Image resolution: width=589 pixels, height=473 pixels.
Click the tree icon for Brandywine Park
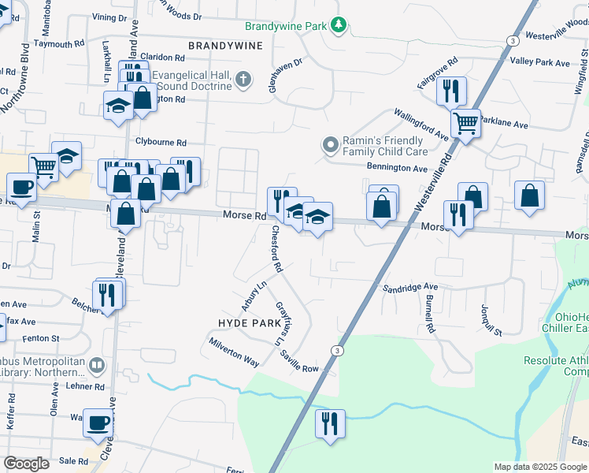click(339, 26)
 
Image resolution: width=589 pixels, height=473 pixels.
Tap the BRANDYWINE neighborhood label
click(219, 47)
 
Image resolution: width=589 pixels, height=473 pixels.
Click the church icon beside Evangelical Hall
click(244, 79)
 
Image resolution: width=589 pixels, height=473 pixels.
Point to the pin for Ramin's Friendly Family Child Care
click(330, 145)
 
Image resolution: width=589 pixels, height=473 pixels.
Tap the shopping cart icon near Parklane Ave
click(465, 123)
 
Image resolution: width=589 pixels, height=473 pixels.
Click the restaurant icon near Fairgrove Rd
click(451, 91)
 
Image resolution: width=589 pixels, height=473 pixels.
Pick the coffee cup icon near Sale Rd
click(98, 423)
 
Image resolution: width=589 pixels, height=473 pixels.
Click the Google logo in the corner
click(26, 464)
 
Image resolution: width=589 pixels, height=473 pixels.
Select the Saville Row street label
click(298, 363)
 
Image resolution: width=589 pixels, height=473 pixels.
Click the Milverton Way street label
click(234, 352)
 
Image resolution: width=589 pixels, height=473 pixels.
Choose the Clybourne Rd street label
click(161, 143)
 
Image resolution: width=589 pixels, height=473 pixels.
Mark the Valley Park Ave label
click(539, 62)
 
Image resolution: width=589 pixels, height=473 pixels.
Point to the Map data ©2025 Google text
click(539, 467)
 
